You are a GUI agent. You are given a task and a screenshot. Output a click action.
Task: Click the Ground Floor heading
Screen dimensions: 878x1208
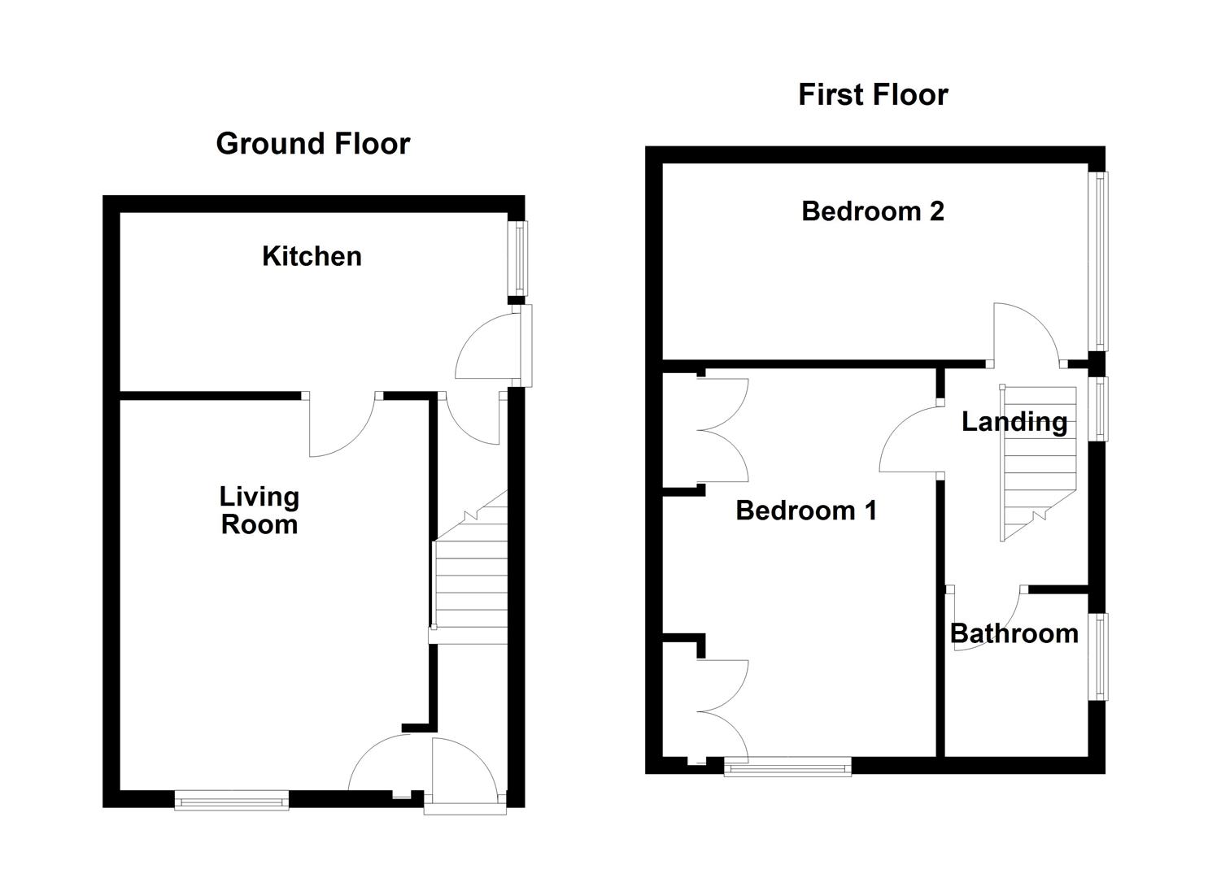point(312,144)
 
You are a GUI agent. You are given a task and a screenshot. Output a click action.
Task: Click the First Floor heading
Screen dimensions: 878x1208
point(872,95)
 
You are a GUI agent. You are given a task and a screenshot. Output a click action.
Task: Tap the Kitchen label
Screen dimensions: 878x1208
point(312,256)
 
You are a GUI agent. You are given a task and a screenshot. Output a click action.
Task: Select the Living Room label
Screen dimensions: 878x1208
point(259,511)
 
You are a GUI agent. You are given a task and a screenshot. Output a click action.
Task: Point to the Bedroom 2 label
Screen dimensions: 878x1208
point(872,211)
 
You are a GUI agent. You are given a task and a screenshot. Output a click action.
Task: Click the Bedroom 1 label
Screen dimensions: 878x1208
point(805,511)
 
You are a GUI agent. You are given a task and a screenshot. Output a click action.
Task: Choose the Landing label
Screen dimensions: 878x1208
point(1014,421)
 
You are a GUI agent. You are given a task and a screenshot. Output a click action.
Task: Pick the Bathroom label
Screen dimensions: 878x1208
point(1014,633)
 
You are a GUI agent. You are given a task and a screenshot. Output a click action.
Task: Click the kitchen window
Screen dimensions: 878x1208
point(518,259)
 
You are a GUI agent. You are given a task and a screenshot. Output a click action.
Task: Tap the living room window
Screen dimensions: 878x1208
point(232,802)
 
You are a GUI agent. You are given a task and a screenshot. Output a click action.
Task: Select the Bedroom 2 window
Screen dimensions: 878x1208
point(1099,261)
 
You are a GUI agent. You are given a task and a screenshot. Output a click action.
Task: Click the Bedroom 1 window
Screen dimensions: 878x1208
point(787,766)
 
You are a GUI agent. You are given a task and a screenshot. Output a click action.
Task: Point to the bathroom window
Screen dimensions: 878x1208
point(1099,656)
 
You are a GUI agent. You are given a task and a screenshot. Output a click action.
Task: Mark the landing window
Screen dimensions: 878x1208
point(1099,408)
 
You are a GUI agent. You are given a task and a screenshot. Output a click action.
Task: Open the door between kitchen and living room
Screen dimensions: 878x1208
point(342,423)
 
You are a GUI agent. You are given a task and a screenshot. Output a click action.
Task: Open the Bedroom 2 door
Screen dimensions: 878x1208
point(1025,333)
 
